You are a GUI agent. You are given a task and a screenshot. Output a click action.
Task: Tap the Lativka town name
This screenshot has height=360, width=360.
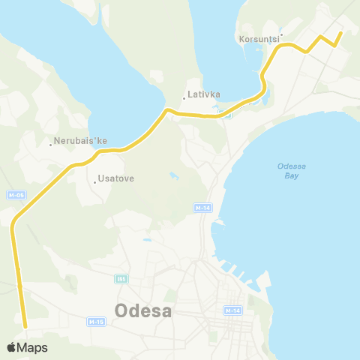pyautogui.click(x=202, y=94)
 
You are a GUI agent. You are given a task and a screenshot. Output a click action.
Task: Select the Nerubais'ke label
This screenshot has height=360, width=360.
pyautogui.click(x=81, y=141)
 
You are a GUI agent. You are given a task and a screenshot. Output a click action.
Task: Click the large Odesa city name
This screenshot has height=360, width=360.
pyautogui.click(x=143, y=310)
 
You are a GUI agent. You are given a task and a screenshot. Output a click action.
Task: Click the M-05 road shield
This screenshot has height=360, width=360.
pyautogui.click(x=15, y=195)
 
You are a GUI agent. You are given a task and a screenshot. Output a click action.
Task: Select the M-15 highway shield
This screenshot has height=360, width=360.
pyautogui.click(x=94, y=322)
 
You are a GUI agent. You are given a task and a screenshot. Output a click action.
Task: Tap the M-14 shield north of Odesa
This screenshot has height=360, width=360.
pyautogui.click(x=201, y=207)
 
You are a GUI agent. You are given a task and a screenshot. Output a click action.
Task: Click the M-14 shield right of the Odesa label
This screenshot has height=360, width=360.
pyautogui.click(x=232, y=310)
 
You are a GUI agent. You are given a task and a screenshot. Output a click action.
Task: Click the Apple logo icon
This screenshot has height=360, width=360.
pyautogui.click(x=12, y=347)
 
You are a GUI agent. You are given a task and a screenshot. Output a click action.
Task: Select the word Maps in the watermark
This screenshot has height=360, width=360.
pyautogui.click(x=33, y=347)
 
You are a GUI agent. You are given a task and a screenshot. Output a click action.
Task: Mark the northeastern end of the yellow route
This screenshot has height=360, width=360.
pyautogui.click(x=340, y=32)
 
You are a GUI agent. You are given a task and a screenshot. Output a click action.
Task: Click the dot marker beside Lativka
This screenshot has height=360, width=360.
pyautogui.click(x=184, y=98)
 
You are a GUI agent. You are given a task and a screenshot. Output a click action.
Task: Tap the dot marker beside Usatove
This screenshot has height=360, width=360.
pyautogui.click(x=95, y=181)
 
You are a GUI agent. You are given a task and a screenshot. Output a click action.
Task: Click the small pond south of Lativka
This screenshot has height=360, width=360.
pyautogui.click(x=174, y=178)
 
